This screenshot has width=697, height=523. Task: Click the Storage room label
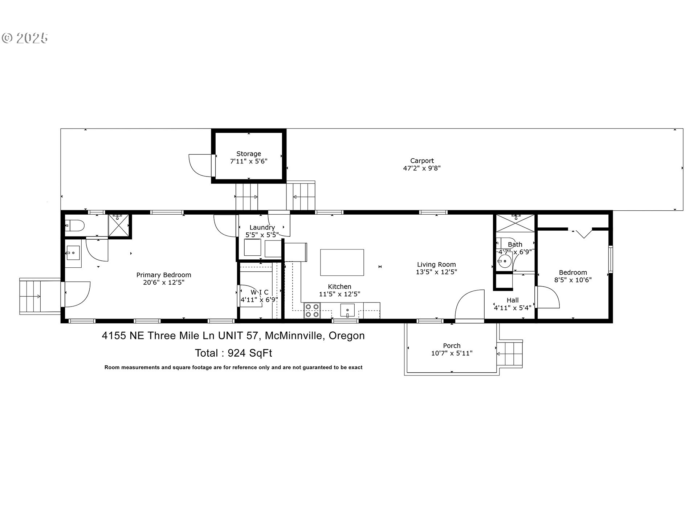249,154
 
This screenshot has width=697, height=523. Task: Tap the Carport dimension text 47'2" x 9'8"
422,168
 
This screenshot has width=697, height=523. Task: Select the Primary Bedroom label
164,275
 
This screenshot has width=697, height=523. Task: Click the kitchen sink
347,311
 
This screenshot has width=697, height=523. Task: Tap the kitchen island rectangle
342,262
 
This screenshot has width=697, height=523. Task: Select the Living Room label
436,264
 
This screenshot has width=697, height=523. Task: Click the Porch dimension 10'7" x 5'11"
452,353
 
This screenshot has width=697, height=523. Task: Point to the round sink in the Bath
505,261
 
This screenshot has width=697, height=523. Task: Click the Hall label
513,300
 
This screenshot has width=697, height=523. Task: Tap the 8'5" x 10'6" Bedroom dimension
573,280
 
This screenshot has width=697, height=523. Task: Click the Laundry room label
262,228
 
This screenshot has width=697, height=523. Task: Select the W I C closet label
260,292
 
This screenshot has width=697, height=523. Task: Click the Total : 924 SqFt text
233,353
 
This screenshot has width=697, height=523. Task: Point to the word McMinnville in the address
294,336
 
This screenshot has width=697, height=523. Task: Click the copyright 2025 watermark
25,38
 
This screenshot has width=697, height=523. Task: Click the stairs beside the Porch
510,353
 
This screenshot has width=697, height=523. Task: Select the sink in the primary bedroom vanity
73,252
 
